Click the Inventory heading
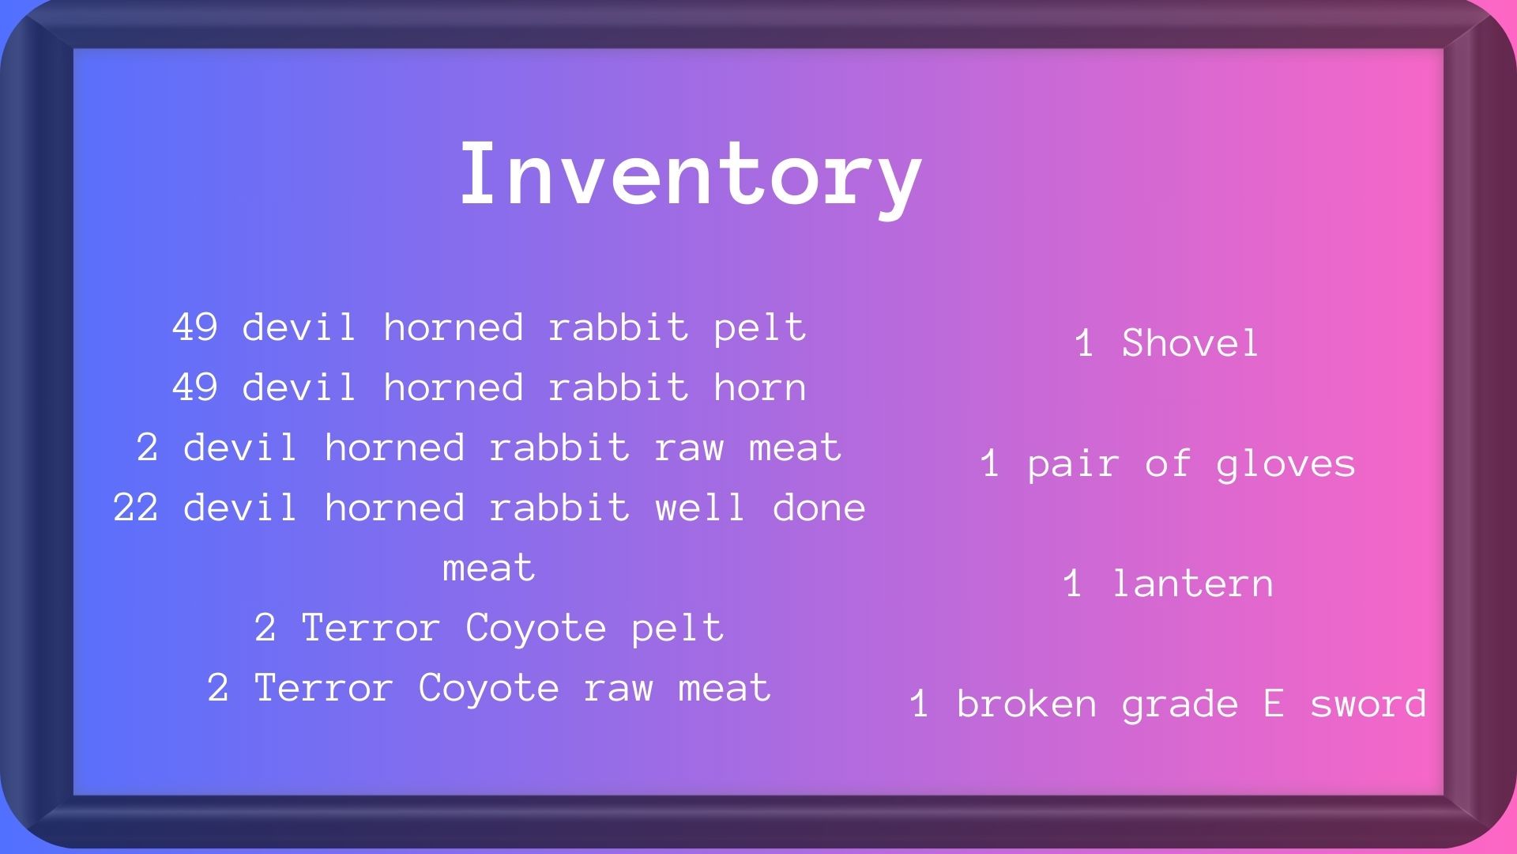691,176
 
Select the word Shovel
1190,342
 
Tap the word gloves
1285,464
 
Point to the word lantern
1192,584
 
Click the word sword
1368,704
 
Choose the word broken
1026,704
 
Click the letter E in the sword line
1274,704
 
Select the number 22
136,508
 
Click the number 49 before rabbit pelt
195,327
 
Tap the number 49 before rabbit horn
195,387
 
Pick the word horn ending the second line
760,387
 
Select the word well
700,508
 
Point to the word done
819,508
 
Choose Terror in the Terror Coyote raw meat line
324,688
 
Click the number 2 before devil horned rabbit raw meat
148,448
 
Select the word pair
1074,464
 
